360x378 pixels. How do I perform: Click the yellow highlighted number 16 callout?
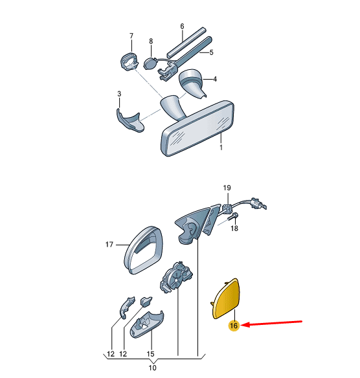pos(234,326)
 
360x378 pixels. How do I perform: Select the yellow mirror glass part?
pos(226,298)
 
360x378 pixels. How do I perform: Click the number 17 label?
pos(109,245)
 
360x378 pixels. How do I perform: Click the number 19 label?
pos(227,188)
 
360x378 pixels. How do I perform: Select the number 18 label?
pos(234,228)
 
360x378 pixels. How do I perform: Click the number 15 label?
pos(150,354)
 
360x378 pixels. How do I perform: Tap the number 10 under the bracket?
pos(152,368)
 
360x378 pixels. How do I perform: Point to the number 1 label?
pos(221,147)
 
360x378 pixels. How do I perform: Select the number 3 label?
pos(119,94)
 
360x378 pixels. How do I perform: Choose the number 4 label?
pos(215,79)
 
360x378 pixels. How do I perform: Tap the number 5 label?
pos(212,52)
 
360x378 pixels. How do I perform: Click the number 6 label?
pos(182,27)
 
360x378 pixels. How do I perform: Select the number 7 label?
pos(131,36)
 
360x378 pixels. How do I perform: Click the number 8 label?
pos(151,41)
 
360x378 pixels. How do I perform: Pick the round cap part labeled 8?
pos(150,63)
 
